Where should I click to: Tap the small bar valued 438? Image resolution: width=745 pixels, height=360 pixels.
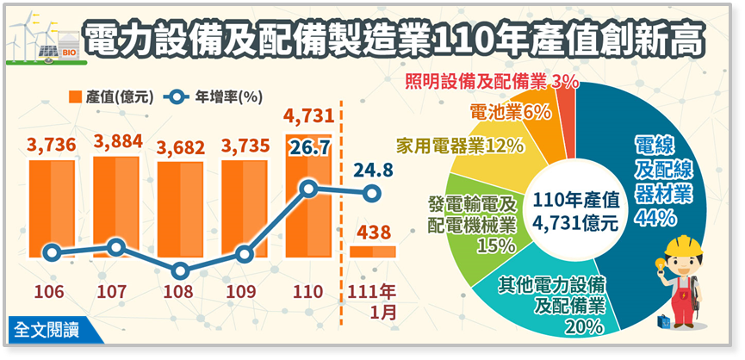[x=372, y=251]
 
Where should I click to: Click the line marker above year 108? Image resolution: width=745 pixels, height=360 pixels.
[x=180, y=270]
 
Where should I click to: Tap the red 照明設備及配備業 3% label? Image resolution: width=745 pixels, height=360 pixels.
[x=491, y=82]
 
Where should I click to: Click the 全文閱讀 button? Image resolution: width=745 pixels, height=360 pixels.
[x=48, y=327]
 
